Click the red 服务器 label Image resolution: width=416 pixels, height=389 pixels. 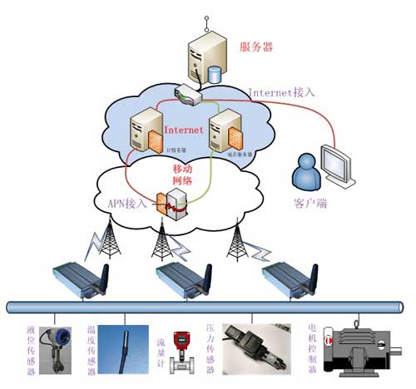coord(258,46)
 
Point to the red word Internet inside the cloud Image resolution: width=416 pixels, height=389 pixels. coord(184,130)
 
